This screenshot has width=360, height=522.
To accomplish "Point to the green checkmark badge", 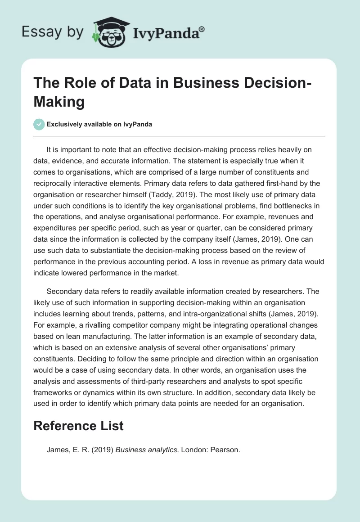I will tap(39, 124).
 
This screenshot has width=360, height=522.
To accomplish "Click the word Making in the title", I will tap(59, 102).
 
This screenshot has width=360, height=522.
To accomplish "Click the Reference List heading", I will tap(78, 425).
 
